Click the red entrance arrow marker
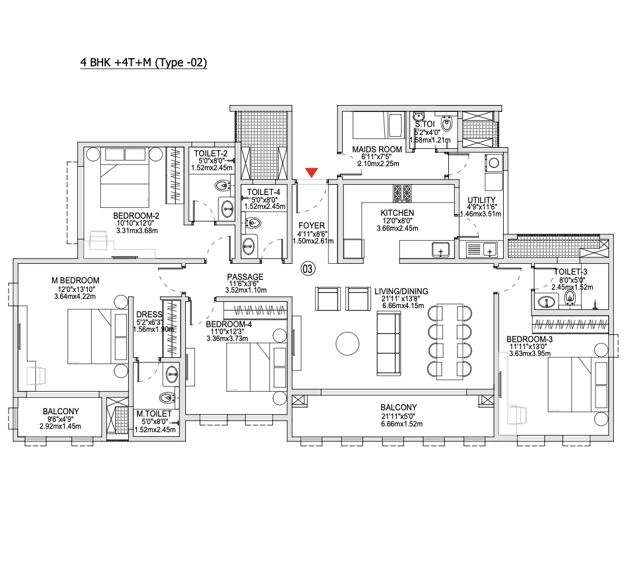pyautogui.click(x=312, y=173)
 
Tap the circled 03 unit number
pyautogui.click(x=308, y=269)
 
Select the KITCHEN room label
pyautogui.click(x=398, y=212)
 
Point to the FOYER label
pyautogui.click(x=312, y=226)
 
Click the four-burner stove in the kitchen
pyautogui.click(x=402, y=193)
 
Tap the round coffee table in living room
pyautogui.click(x=347, y=343)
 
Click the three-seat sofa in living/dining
pyautogui.click(x=389, y=343)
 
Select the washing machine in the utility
pyautogui.click(x=493, y=163)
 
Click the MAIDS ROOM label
pyautogui.click(x=377, y=149)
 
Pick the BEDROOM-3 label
pyautogui.click(x=529, y=339)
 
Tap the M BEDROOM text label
pyautogui.click(x=75, y=280)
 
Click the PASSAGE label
pyautogui.click(x=245, y=277)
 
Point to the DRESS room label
pyautogui.click(x=149, y=315)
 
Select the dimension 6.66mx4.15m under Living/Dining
pyautogui.click(x=403, y=306)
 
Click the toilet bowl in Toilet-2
pyautogui.click(x=222, y=186)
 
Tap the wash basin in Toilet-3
pyautogui.click(x=546, y=302)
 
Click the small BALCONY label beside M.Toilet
pyautogui.click(x=61, y=411)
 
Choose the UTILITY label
pyautogui.click(x=481, y=200)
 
